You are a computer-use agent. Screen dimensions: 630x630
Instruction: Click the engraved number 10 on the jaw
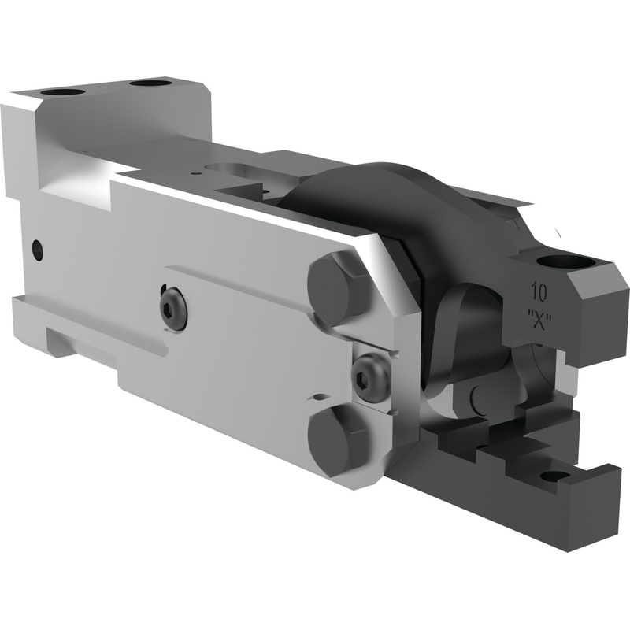click(x=539, y=292)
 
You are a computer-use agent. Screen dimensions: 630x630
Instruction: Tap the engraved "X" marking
click(x=539, y=321)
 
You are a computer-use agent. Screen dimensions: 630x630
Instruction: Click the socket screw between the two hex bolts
click(x=370, y=377)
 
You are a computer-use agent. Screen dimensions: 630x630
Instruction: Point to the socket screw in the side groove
click(x=172, y=308)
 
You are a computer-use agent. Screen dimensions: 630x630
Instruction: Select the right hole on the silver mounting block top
click(x=150, y=84)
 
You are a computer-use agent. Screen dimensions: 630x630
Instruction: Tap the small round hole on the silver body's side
click(x=37, y=250)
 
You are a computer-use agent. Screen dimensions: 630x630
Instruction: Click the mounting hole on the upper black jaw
click(x=565, y=261)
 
